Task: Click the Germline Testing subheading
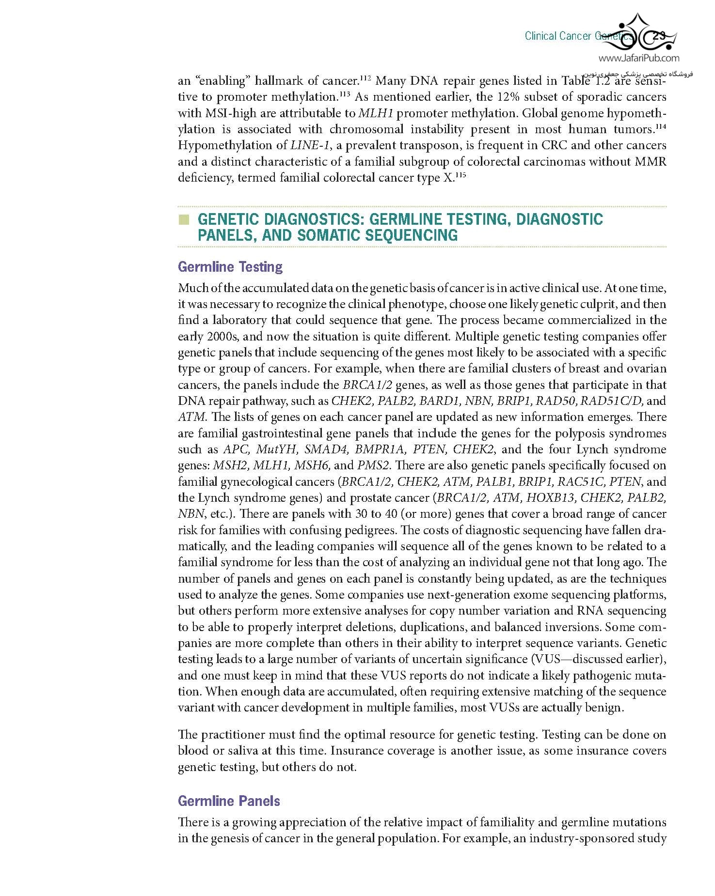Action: pyautogui.click(x=230, y=267)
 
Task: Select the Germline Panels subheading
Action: pyautogui.click(x=229, y=801)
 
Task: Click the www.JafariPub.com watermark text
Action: pyautogui.click(x=638, y=59)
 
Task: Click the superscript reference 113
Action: pyautogui.click(x=345, y=94)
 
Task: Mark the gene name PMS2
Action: pyautogui.click(x=374, y=465)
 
